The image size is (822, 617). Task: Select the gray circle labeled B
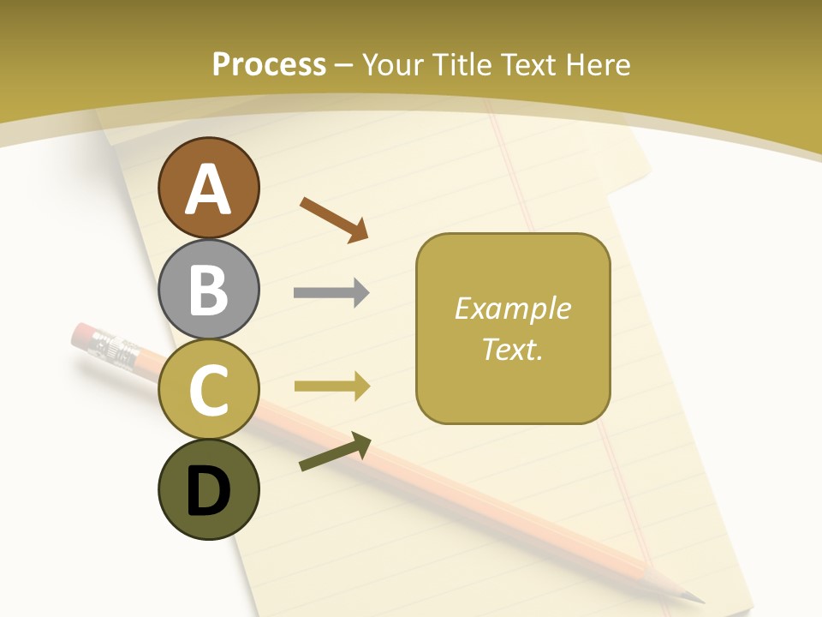pyautogui.click(x=208, y=289)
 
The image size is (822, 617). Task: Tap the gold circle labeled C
pyautogui.click(x=208, y=389)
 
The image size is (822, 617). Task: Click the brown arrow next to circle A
pyautogui.click(x=334, y=219)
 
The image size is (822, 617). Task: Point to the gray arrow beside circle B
pyautogui.click(x=331, y=293)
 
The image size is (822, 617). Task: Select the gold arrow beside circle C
pyautogui.click(x=331, y=386)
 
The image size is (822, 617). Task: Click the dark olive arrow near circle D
pyautogui.click(x=335, y=452)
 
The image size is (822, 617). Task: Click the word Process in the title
pyautogui.click(x=269, y=64)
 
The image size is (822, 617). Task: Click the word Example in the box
pyautogui.click(x=512, y=308)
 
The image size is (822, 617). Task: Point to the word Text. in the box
pyautogui.click(x=512, y=349)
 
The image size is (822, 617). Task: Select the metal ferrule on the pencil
pyautogui.click(x=111, y=346)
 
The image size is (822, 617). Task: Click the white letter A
pyautogui.click(x=208, y=190)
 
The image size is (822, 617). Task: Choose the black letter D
pyautogui.click(x=208, y=491)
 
